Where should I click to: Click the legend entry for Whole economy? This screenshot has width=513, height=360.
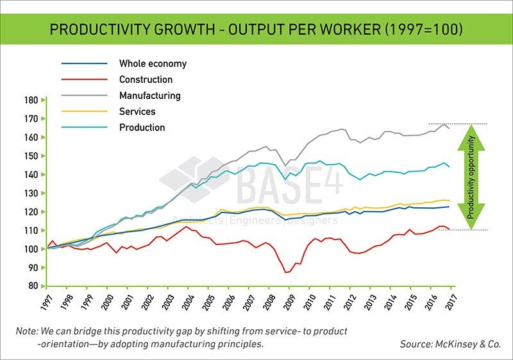click(153, 64)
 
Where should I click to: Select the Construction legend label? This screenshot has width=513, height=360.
click(146, 80)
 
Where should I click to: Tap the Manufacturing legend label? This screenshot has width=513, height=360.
click(150, 96)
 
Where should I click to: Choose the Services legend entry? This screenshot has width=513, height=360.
click(137, 112)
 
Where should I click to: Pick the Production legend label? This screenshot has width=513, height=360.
click(142, 128)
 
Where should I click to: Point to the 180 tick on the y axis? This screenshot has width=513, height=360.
click(31, 100)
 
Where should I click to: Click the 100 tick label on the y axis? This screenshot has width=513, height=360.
click(31, 249)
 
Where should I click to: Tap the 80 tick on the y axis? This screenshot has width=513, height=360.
click(33, 286)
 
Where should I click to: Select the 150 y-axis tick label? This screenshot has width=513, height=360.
click(31, 156)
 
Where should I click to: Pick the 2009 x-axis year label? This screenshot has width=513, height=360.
click(290, 301)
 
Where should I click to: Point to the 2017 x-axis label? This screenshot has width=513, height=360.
click(451, 301)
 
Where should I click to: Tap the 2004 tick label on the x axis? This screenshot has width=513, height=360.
click(189, 301)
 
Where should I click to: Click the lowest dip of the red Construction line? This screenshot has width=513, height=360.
click(286, 272)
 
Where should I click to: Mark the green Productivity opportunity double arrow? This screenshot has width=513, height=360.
click(471, 177)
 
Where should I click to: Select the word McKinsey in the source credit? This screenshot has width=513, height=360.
click(455, 344)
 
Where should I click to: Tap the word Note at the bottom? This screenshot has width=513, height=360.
click(27, 331)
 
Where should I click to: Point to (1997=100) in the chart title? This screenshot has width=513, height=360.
click(424, 29)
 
